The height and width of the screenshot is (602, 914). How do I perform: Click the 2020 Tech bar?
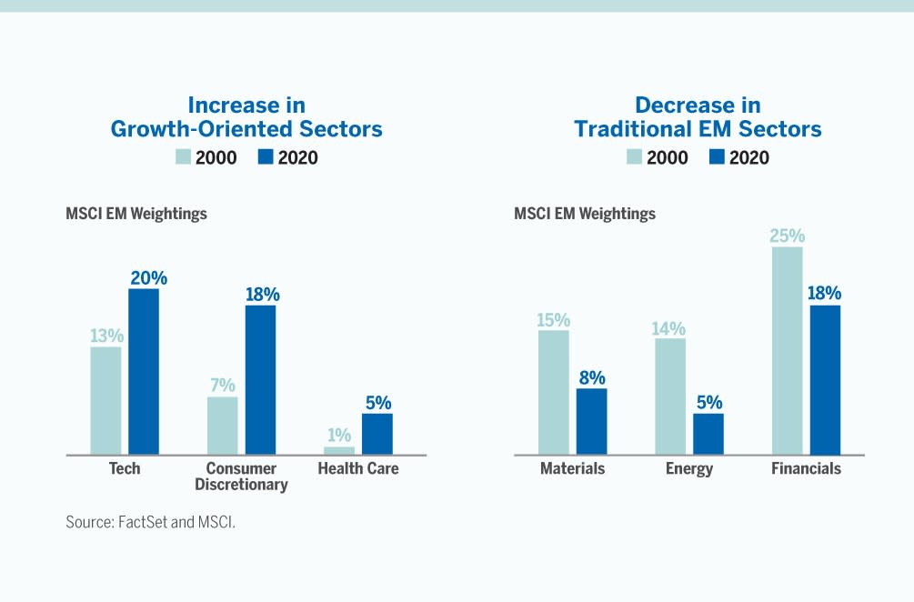point(144,371)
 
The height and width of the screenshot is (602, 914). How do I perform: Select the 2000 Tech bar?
point(105,400)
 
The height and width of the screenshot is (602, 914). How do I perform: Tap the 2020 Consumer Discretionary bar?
point(260,379)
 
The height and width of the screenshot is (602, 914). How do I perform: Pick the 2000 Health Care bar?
point(339,450)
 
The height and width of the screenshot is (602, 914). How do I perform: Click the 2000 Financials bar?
point(788,350)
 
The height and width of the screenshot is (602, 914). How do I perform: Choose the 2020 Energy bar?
point(708,434)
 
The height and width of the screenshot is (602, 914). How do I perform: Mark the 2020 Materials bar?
point(591,421)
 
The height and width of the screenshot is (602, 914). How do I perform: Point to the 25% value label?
point(788,236)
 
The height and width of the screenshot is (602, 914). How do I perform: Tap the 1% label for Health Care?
point(340,436)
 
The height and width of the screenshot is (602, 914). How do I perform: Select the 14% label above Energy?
point(668,328)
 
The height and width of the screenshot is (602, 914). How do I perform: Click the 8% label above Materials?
point(592,378)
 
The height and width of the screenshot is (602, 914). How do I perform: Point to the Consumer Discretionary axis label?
point(241,477)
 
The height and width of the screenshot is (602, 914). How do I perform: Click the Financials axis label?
point(806,469)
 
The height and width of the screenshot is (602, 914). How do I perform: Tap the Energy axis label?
point(689,469)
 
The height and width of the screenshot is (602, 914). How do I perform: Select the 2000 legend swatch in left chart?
point(183,157)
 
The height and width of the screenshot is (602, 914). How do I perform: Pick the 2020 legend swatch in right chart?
point(717,157)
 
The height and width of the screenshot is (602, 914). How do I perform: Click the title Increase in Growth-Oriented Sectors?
point(246,116)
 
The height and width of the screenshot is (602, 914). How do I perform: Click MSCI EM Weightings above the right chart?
point(585,215)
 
